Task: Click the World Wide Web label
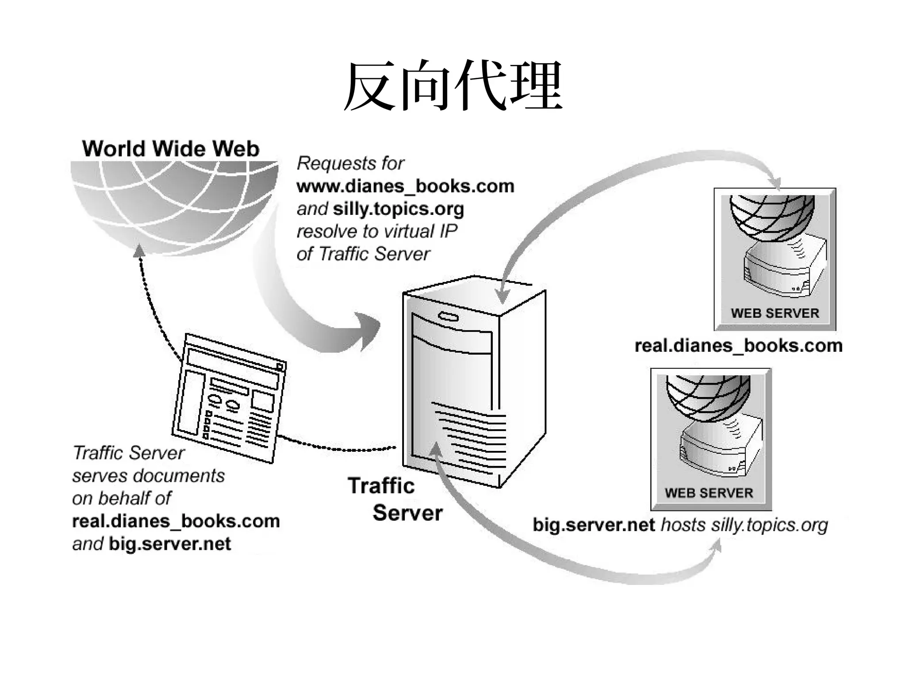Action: tap(170, 149)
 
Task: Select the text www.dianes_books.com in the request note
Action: tap(405, 186)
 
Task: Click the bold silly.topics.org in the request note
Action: tap(398, 209)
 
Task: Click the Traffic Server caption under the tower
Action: tap(395, 499)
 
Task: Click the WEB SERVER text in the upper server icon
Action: tap(775, 313)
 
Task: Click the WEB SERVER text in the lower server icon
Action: tap(709, 493)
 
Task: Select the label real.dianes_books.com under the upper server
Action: tap(738, 346)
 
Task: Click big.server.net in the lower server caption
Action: tap(594, 525)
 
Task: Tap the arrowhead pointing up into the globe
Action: tap(139, 250)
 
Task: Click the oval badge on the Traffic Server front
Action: tap(449, 317)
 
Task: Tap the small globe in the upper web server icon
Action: tap(772, 214)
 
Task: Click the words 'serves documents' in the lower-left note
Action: tap(148, 476)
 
